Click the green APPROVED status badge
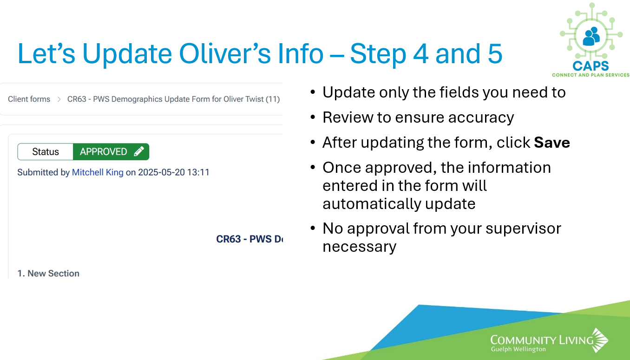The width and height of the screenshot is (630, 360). point(111,152)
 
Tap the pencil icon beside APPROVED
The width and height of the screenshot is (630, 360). point(139,151)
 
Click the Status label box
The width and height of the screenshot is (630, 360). point(45,152)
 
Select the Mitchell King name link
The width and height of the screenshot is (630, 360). point(98,172)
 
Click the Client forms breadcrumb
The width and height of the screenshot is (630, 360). point(29,99)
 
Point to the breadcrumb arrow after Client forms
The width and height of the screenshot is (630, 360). point(59,99)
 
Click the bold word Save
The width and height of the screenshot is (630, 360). point(552,142)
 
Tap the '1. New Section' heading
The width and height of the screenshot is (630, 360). point(48,274)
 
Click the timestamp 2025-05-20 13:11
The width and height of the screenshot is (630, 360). point(174,172)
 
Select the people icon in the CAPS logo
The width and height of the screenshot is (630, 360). point(591,36)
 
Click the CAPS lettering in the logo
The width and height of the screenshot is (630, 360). point(591,66)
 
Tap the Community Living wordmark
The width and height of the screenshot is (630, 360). point(542,340)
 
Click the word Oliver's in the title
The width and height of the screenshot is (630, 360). point(225,53)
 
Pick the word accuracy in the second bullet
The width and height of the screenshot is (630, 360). point(481,118)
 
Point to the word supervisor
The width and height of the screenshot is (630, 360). point(523,229)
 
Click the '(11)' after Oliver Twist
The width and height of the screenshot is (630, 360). point(273,99)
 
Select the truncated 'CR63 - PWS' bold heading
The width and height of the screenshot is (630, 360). point(249,239)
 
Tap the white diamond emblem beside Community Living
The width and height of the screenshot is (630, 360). point(600,340)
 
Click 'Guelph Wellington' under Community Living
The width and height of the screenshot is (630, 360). point(518,349)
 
